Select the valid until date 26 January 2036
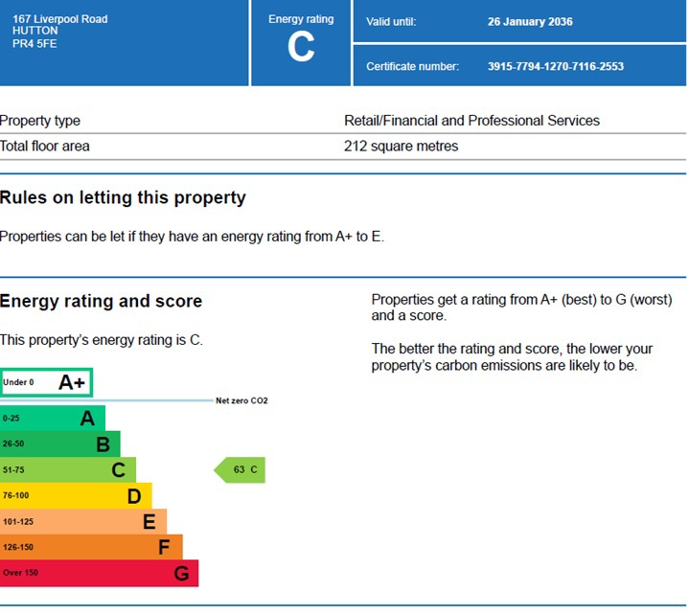tap(530, 22)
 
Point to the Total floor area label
tap(45, 147)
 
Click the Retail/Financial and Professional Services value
tap(471, 121)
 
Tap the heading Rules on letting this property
tap(123, 198)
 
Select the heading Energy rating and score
tap(101, 302)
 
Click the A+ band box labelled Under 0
tap(46, 382)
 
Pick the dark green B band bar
tap(59, 444)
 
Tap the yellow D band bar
tap(75, 496)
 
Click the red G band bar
tap(99, 574)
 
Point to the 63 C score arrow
tap(240, 470)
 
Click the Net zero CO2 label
tap(241, 400)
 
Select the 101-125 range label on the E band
tap(18, 522)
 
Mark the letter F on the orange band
tap(164, 548)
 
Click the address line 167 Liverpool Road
tap(54, 19)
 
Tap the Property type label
tap(40, 121)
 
